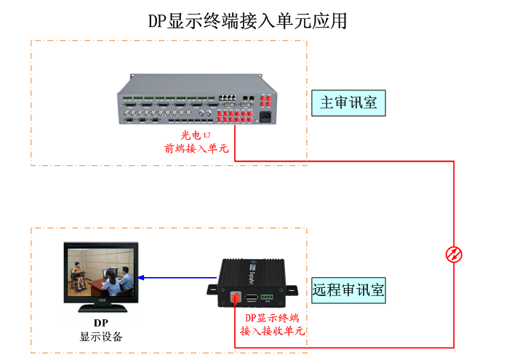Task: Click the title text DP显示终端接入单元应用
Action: [x=248, y=20]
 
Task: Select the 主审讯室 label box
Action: [x=348, y=103]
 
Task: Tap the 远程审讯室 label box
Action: [x=348, y=290]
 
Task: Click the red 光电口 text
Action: [x=196, y=135]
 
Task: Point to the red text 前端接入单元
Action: [x=196, y=148]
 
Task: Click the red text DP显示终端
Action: [x=271, y=318]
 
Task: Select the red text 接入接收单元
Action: [x=272, y=331]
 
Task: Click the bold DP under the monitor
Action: [x=101, y=323]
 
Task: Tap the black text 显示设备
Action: [x=101, y=337]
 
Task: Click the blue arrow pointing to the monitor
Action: [x=175, y=277]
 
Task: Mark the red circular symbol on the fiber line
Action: [x=454, y=254]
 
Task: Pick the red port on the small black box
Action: [x=236, y=297]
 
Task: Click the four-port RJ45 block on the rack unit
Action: [x=227, y=97]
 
